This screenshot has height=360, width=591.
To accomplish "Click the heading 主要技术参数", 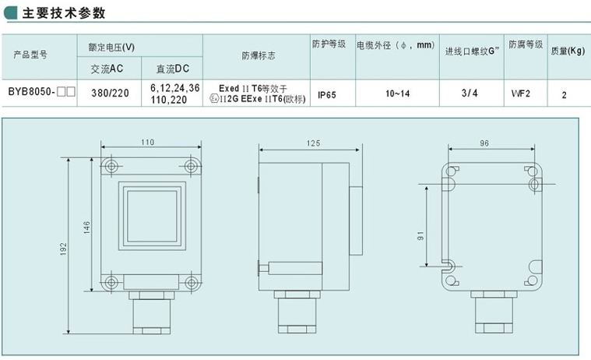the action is point(63,12).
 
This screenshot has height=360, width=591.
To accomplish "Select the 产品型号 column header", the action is point(30,55).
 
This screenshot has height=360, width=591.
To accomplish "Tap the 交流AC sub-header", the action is point(107,69).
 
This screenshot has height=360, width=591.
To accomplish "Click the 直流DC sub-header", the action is point(173,69).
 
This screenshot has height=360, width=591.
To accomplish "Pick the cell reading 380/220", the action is point(110,93).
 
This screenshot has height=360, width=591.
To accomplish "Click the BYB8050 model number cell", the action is point(41,92).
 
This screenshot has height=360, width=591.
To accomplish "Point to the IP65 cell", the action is point(327,95).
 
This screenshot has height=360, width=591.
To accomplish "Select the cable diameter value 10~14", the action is point(398,94).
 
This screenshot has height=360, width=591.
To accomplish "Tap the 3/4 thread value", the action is point(470,93).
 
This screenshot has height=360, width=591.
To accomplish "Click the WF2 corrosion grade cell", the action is point(520,94).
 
